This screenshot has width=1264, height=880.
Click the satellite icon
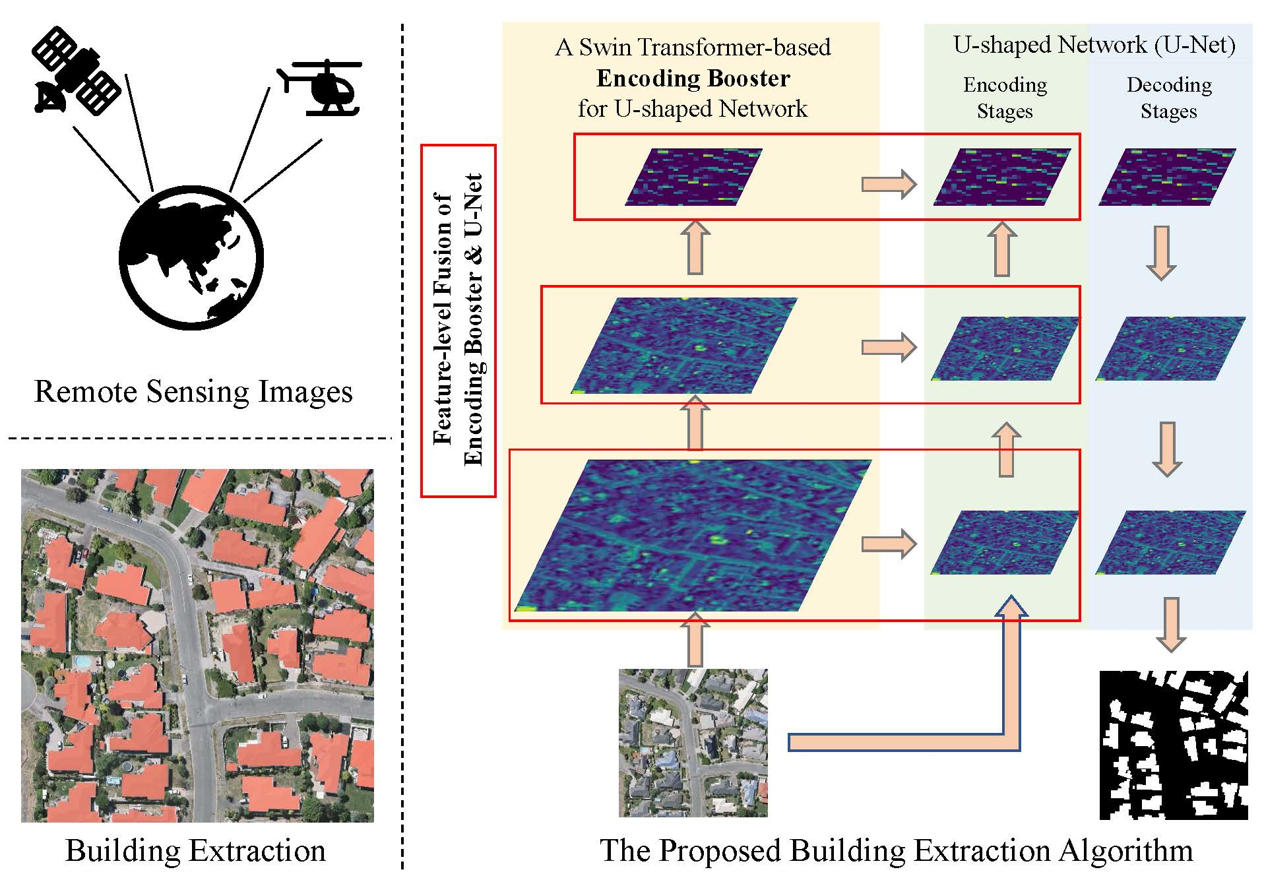tap(76, 71)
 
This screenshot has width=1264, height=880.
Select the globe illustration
tap(191, 258)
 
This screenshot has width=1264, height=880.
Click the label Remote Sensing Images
tap(193, 391)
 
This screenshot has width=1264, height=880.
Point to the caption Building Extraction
tap(195, 850)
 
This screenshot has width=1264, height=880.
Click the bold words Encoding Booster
tap(693, 79)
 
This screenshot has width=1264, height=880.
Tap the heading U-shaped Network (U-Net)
tap(1094, 45)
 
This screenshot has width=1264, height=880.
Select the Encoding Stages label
tap(1005, 98)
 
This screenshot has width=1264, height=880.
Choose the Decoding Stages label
tap(1168, 98)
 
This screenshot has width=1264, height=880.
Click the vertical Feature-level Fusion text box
tap(458, 321)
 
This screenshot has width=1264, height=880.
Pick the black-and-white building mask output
tap(1174, 745)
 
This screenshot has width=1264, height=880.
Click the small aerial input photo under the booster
tap(693, 743)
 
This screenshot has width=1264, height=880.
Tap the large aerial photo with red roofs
tap(197, 645)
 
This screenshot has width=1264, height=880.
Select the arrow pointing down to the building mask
tap(1171, 624)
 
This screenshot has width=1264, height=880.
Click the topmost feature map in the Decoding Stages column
tap(1166, 177)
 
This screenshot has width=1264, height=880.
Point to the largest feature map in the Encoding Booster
tap(693, 535)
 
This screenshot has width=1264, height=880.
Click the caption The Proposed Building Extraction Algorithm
tap(896, 850)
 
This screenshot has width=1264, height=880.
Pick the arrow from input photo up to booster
tap(695, 639)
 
